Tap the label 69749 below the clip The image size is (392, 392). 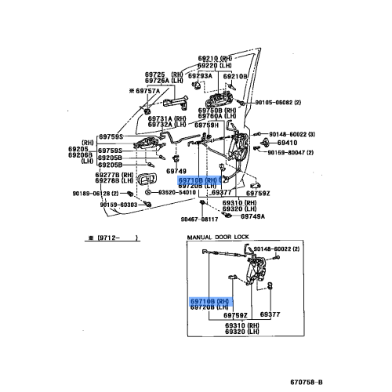pos(176,171)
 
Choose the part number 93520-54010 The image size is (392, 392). pos(180,191)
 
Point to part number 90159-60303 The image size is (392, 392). pos(97,205)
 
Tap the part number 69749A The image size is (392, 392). pos(252,216)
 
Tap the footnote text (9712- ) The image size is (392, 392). pos(111,236)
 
